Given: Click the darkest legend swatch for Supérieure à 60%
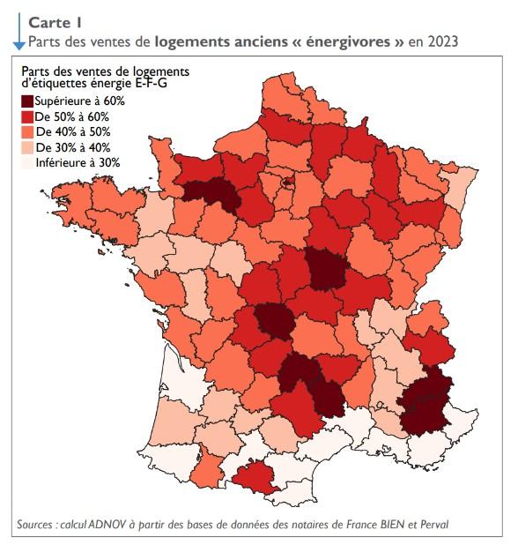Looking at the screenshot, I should [x=30, y=101].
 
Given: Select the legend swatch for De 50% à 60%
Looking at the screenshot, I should [x=30, y=116].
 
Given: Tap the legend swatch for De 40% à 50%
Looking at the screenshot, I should [x=30, y=131].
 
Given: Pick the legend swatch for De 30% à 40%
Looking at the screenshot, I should [x=30, y=147].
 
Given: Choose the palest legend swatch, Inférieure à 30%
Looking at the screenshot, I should [x=30, y=162].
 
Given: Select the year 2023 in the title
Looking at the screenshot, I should [x=442, y=41].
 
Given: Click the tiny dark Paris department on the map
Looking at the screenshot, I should [x=288, y=184].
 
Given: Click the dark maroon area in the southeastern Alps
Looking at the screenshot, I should [x=427, y=402].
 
